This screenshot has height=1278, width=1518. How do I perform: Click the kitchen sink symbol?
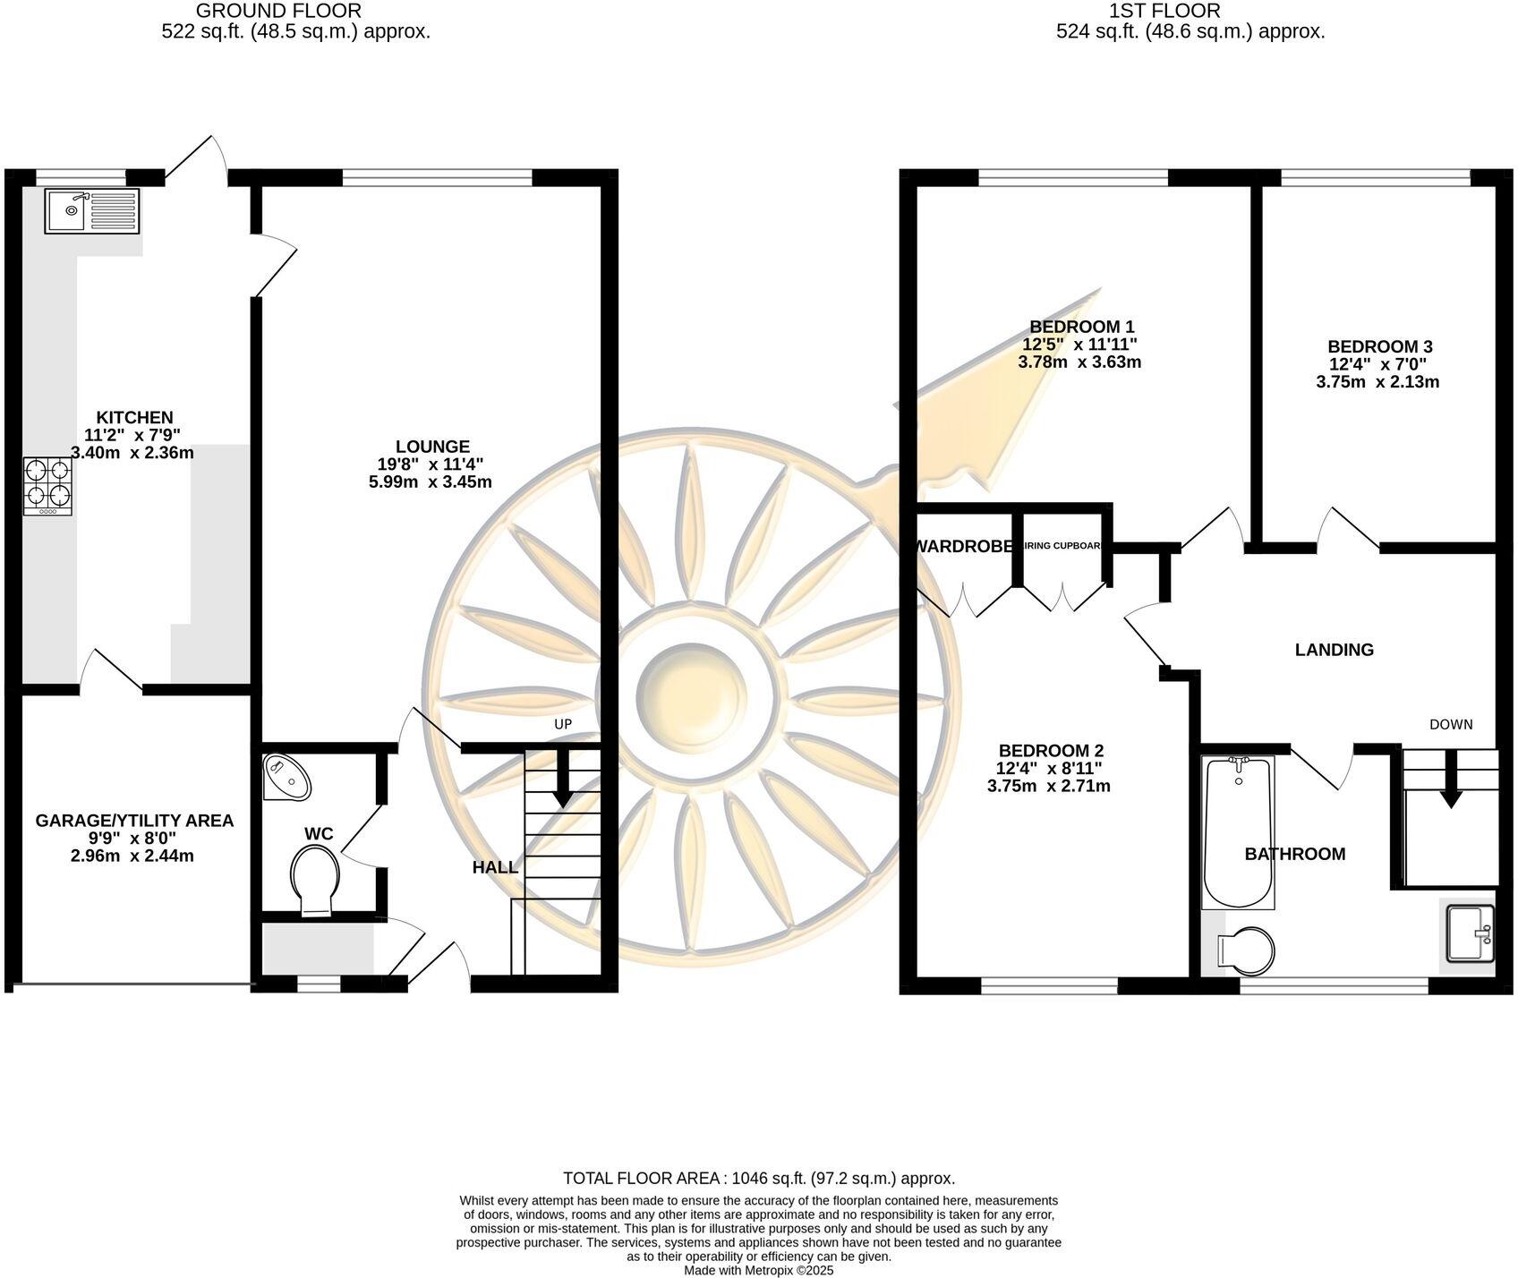tap(92, 212)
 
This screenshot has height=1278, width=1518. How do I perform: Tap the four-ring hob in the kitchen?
tap(47, 486)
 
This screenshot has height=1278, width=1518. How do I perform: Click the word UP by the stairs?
tap(562, 724)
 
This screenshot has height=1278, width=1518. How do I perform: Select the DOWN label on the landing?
tap(1450, 724)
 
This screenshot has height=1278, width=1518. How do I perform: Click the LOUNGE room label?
tap(432, 447)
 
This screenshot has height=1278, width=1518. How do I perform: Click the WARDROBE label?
tap(963, 546)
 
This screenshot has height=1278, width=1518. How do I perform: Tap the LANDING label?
tap(1334, 650)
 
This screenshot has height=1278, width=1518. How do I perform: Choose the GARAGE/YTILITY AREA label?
tap(134, 820)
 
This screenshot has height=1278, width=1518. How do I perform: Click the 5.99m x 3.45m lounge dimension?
tap(432, 482)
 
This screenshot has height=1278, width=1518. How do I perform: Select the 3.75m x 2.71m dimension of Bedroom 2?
tap(1049, 787)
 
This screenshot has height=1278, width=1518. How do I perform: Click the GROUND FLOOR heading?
tap(278, 11)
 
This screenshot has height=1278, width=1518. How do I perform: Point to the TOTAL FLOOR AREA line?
tap(758, 1178)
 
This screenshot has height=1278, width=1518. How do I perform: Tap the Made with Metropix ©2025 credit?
tap(758, 1270)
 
